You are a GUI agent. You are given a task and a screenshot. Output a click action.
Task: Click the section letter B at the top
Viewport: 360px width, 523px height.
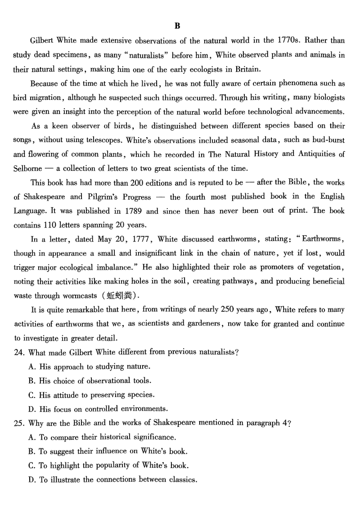177,26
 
